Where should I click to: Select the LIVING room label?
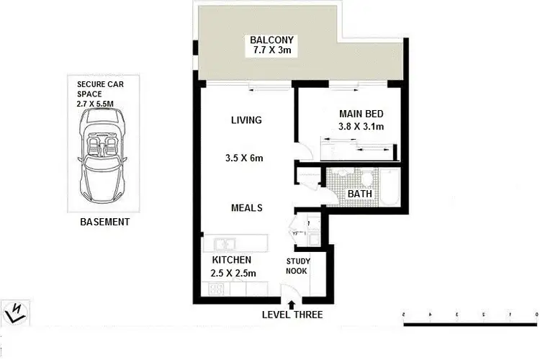pyautogui.click(x=246, y=120)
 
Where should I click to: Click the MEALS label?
pyautogui.click(x=246, y=208)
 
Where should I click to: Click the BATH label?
pyautogui.click(x=359, y=194)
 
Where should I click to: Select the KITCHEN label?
pyautogui.click(x=231, y=259)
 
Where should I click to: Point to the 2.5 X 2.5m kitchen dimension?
pyautogui.click(x=231, y=273)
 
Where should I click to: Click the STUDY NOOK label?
pyautogui.click(x=298, y=266)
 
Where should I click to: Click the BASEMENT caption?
pyautogui.click(x=105, y=222)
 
